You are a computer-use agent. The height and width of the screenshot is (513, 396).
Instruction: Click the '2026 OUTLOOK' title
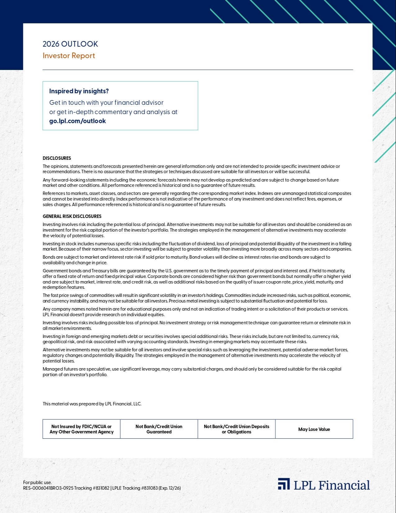click(70, 44)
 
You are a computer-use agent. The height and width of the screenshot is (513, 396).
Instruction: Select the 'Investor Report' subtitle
click(69, 56)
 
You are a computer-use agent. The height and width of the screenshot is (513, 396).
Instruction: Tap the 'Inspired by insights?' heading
click(79, 91)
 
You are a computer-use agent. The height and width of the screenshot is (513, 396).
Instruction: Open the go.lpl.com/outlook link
click(77, 121)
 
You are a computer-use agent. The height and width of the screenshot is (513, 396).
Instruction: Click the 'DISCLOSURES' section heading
click(57, 158)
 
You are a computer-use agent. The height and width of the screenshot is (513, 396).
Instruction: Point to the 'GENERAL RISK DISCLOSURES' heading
click(72, 216)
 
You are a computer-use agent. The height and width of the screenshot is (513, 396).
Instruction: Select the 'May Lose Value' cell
click(314, 429)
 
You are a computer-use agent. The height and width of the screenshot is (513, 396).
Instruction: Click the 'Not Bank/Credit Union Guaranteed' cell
click(159, 429)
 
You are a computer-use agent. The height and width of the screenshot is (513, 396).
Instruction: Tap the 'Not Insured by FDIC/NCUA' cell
click(81, 429)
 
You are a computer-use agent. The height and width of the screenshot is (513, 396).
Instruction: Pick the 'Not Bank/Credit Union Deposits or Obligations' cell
click(236, 429)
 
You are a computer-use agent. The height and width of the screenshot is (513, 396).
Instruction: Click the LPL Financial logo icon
click(284, 484)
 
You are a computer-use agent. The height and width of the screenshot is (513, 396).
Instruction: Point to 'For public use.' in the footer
click(37, 483)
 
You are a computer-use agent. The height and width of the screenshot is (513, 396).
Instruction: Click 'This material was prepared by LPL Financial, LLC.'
click(92, 404)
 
